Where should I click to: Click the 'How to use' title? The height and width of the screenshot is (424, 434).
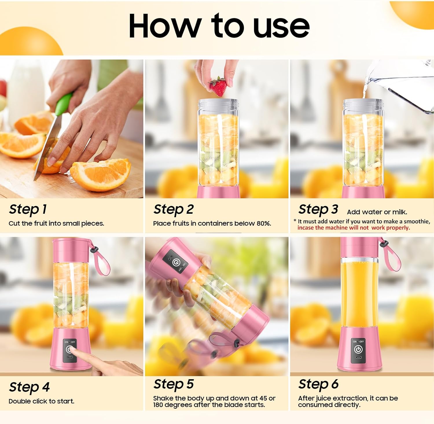(x=219, y=26)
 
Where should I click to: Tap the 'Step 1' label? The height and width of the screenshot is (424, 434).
(x=28, y=209)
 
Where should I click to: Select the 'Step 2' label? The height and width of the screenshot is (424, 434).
(x=173, y=209)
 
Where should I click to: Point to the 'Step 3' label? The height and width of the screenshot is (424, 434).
(x=318, y=209)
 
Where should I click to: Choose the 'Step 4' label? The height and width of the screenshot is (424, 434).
(x=29, y=387)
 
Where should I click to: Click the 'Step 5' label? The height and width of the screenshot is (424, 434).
(x=173, y=384)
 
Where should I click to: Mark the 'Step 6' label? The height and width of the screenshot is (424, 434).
(x=318, y=384)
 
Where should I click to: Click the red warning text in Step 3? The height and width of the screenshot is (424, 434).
(x=354, y=228)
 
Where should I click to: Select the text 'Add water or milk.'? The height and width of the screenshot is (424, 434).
(x=377, y=212)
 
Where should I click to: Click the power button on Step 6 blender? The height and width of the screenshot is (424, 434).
(x=358, y=349)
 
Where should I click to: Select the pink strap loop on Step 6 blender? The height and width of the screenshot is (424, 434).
(x=392, y=256)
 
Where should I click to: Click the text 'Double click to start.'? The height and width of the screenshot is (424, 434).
(x=41, y=401)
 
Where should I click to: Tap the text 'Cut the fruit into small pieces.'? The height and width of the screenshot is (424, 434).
(x=56, y=223)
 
